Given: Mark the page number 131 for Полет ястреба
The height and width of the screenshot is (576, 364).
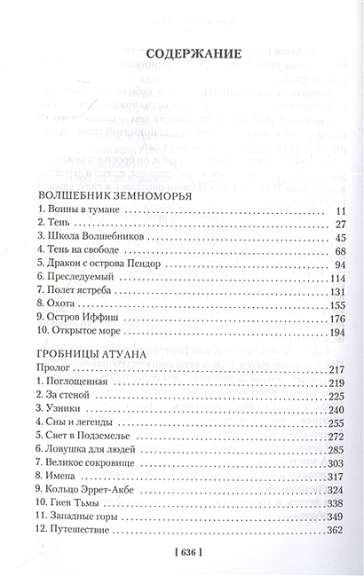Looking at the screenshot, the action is click(x=334, y=303).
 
